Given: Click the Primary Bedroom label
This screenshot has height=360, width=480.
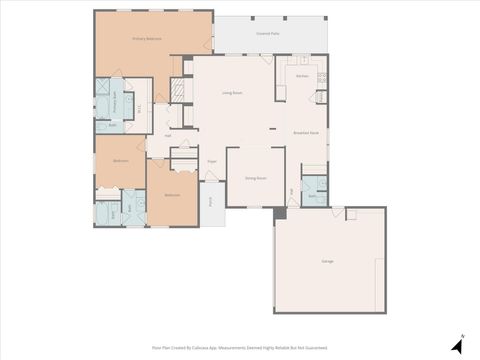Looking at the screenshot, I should pos(147,38).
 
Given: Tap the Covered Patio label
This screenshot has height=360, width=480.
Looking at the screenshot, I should pos(267,32).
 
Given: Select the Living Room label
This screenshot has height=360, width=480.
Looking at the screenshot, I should pos(234,93).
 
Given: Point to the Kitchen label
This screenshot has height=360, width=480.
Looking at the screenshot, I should pos(302,75).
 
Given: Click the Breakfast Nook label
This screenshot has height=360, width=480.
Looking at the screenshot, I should pos(306,132).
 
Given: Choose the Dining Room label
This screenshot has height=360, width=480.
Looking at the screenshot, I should pos(256,177).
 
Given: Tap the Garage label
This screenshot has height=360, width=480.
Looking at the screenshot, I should pos(327,260).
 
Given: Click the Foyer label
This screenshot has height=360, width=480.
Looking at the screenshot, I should pos(212,160).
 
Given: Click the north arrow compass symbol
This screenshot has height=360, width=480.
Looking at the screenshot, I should pos(457,344).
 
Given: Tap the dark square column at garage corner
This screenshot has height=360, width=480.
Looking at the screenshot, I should pos(281,213).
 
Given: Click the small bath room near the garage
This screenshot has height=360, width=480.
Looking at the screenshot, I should pos(313,190).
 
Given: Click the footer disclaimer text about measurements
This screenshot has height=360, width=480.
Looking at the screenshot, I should pos(240,347).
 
